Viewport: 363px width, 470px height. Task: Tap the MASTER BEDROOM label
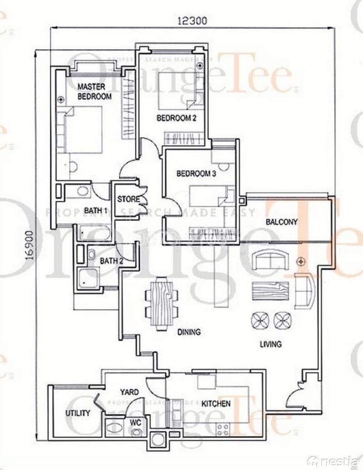point(94,91)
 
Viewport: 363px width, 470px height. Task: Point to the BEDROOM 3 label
point(196,173)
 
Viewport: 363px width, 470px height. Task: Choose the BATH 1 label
point(95,210)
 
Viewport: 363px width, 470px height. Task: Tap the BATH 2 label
point(112,261)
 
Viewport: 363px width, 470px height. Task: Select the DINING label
point(189,332)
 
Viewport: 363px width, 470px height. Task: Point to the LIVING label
point(270,344)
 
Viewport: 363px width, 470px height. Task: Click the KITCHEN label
point(216,404)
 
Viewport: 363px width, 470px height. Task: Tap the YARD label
point(129,392)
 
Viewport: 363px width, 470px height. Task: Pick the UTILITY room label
point(78,413)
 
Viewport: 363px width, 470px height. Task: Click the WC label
point(136,423)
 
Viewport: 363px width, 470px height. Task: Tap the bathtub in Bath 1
point(93,233)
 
